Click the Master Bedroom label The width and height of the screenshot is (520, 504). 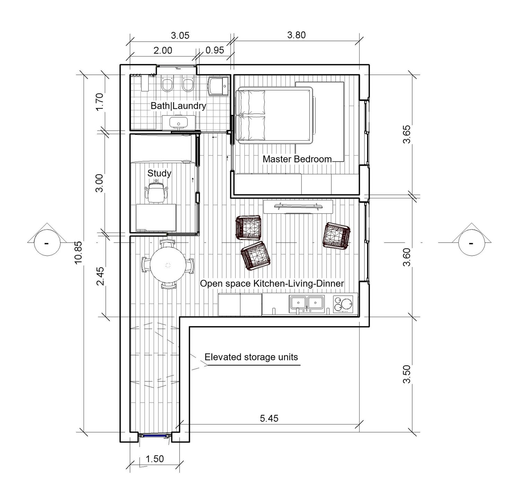(297, 159)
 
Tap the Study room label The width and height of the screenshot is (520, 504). (159, 173)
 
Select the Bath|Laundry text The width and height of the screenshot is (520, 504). (179, 106)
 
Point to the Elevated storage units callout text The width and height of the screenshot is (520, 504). (251, 357)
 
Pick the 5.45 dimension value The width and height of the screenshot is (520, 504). (269, 418)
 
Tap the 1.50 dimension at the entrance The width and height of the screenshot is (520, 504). (155, 459)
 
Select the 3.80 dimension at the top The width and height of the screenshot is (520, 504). (296, 35)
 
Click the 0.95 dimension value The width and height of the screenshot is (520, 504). (215, 50)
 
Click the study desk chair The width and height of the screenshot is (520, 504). (156, 192)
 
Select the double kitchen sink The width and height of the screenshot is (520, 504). (307, 303)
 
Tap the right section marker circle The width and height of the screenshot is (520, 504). (471, 243)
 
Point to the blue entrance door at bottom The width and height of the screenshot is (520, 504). (151, 436)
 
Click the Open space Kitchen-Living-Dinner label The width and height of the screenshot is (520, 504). (272, 284)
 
